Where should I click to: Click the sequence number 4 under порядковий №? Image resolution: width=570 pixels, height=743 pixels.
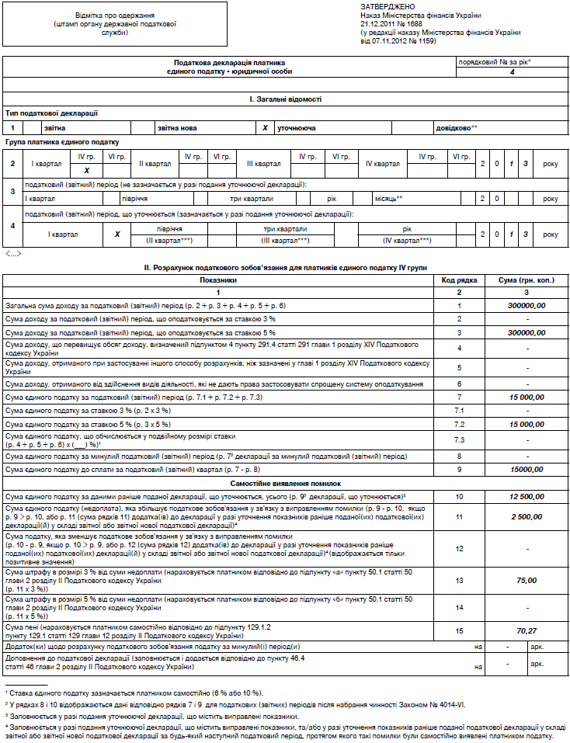(512, 71)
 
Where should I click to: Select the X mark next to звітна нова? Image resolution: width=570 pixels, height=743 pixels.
(265, 127)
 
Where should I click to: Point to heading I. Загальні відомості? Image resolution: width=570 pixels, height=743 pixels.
(285, 99)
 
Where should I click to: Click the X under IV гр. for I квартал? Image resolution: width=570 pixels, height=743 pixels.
(87, 170)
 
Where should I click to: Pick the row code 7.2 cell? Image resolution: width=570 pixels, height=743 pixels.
(458, 425)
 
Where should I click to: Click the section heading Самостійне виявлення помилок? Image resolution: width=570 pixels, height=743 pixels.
(285, 483)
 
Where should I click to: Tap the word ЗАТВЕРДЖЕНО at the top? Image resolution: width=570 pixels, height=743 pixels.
(384, 6)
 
